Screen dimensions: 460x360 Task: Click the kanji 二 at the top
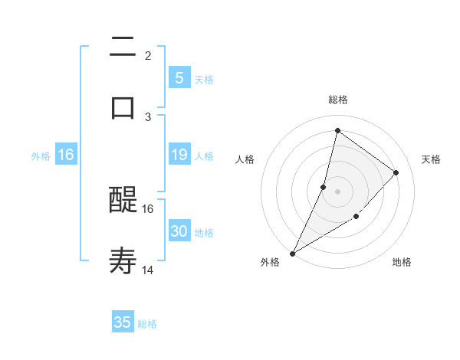pos(123,47)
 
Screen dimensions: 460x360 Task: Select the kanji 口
pos(123,106)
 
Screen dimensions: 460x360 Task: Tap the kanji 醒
pos(123,201)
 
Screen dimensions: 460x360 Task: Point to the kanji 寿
pos(123,261)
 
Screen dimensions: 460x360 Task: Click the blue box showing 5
pos(179,77)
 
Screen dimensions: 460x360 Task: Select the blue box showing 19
pos(179,155)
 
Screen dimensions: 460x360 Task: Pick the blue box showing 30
pos(179,231)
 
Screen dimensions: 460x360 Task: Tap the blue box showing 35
pos(123,322)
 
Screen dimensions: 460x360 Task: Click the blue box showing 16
pos(66,155)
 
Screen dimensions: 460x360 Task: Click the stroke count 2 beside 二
pos(147,56)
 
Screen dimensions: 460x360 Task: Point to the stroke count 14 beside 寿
pos(148,270)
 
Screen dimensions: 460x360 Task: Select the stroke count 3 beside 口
pos(147,116)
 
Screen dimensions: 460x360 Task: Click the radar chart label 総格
pos(337,100)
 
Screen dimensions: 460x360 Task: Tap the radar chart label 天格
pos(431,159)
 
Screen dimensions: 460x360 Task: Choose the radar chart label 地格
pos(402,262)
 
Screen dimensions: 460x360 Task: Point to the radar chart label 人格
pos(245,159)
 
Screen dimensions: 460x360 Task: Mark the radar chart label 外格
pos(270,262)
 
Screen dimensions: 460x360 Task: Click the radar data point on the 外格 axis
pos(292,253)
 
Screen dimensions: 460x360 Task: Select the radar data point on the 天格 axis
pos(396,172)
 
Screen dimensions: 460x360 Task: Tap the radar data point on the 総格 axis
pos(337,130)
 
